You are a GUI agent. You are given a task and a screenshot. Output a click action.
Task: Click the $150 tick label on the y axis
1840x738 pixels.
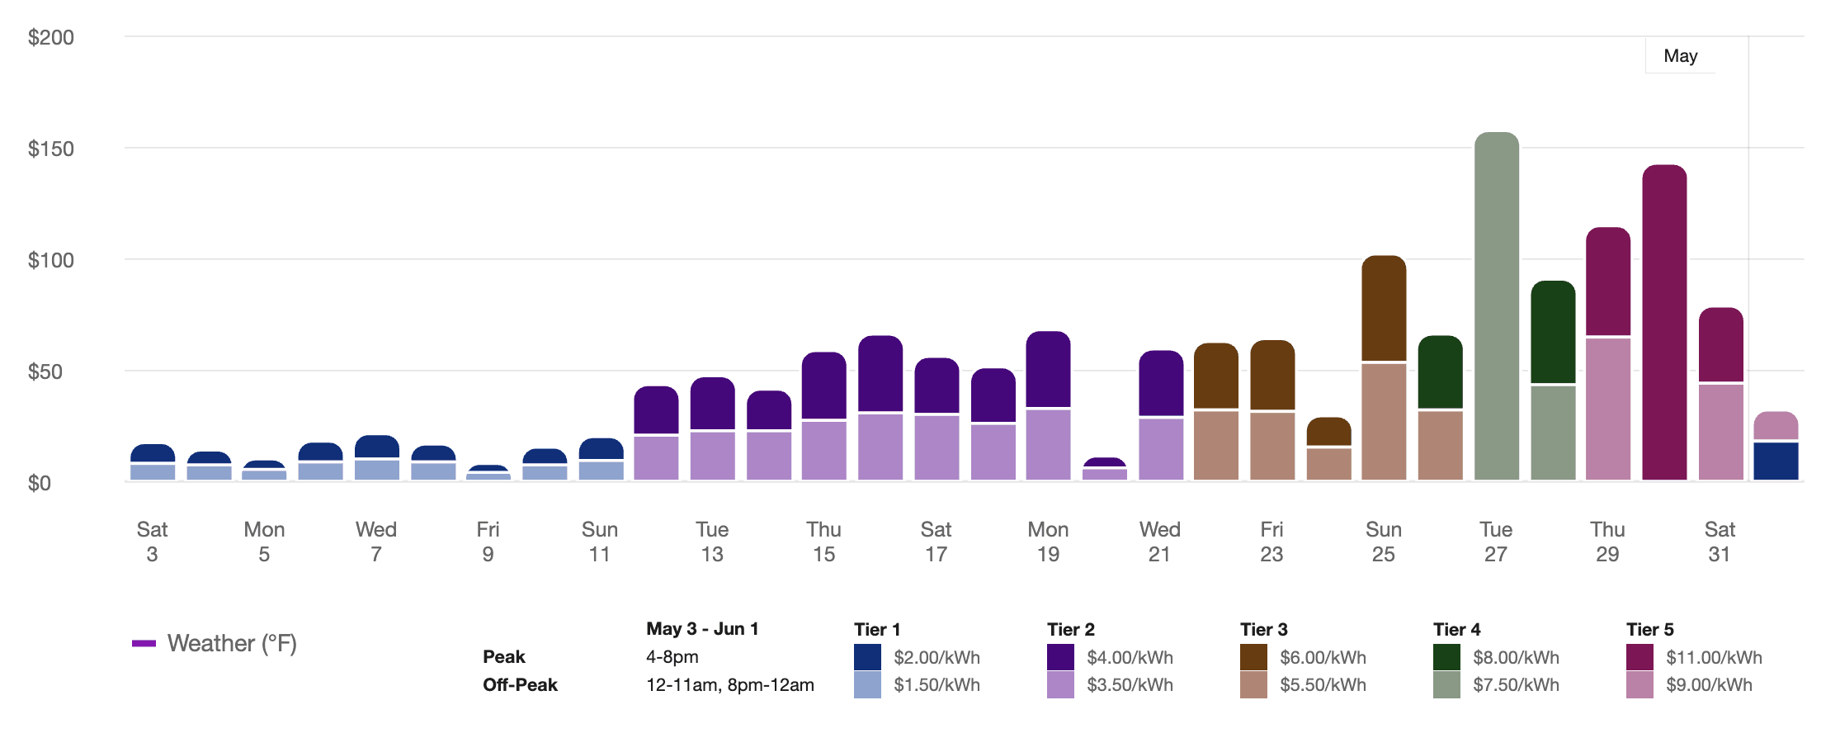[50, 149]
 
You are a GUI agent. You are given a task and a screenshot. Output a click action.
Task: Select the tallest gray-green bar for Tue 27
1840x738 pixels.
[1496, 305]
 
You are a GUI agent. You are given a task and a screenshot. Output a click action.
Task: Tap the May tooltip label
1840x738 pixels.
[1680, 56]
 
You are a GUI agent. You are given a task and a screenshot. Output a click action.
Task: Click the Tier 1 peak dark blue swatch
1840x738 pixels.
[867, 657]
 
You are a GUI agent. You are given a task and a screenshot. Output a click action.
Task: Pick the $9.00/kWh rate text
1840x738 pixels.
[1709, 685]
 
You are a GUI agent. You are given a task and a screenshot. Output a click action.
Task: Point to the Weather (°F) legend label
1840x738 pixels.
[232, 643]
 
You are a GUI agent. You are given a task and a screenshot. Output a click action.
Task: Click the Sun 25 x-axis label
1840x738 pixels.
[1383, 541]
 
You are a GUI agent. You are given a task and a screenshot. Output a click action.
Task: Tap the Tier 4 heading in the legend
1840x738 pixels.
[1456, 629]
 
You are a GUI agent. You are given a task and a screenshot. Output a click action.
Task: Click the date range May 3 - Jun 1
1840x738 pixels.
[702, 629]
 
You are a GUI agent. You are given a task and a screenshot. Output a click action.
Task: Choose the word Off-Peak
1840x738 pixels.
[520, 685]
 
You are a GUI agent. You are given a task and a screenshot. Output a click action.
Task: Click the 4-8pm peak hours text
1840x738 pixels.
[672, 657]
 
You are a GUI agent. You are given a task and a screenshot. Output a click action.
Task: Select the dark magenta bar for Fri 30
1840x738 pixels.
[1664, 322]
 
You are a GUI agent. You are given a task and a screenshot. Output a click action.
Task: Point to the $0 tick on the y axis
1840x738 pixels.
[40, 483]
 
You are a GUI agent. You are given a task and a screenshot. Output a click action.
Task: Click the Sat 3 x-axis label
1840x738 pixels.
[152, 541]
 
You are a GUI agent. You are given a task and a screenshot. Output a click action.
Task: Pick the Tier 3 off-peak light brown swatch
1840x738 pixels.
[1253, 685]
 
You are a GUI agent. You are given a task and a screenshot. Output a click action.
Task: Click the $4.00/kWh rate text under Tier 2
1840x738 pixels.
[1130, 657]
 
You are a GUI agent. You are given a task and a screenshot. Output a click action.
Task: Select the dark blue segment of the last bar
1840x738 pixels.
[1776, 461]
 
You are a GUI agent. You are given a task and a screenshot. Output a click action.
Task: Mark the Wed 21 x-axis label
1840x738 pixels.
[1159, 541]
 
